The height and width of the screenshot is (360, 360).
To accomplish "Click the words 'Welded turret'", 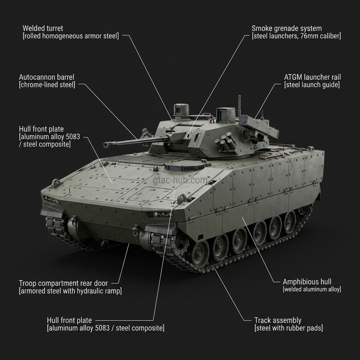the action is point(43,28).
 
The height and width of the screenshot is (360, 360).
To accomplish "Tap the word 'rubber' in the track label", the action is point(296,328).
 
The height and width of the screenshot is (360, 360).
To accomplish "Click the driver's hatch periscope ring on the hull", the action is point(185,166).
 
